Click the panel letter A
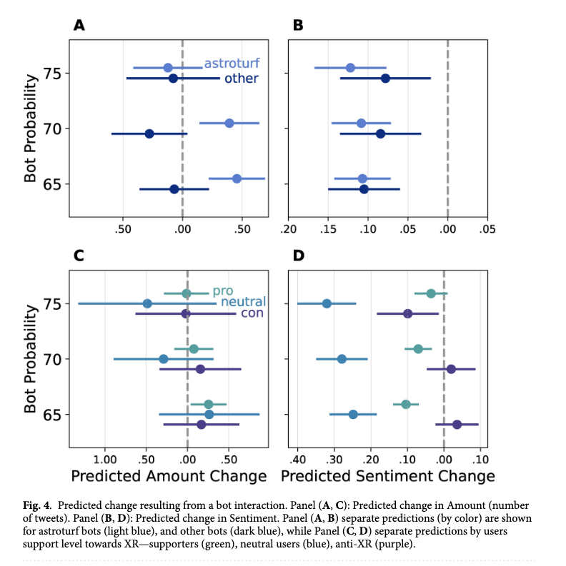pos(79,25)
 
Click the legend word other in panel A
pos(241,79)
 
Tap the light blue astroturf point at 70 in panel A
pos(229,123)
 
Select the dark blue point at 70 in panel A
pos(149,133)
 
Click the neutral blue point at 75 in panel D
pos(327,303)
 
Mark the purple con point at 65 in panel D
pos(457,424)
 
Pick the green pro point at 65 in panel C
pos(209,404)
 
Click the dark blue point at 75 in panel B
pos(385,78)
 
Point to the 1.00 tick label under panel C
pos(106,458)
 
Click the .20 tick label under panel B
pos(289,229)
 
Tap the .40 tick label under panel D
pos(297,458)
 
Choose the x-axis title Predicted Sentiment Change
pos(388,476)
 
